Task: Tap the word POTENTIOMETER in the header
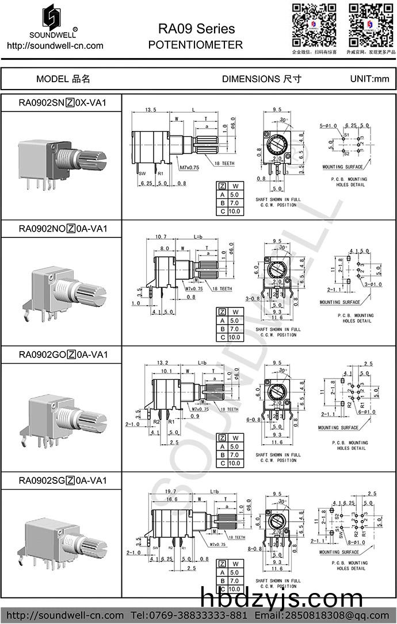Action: [196, 45]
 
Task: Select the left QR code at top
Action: [314, 24]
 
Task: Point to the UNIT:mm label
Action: [369, 79]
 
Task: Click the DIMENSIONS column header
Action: [261, 79]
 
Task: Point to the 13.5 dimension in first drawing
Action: [151, 109]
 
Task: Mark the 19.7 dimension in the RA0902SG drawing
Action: [170, 492]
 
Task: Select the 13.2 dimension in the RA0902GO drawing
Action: [163, 363]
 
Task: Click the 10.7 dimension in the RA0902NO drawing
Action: [161, 237]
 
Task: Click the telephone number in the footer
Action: [196, 615]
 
